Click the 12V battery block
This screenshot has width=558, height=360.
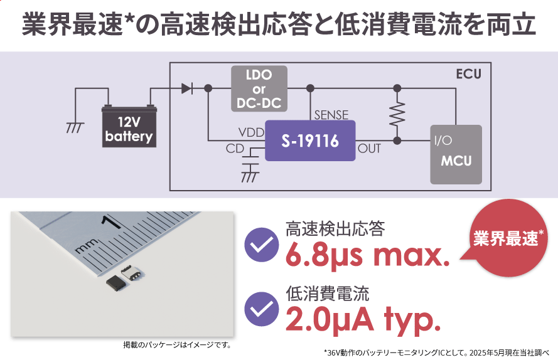point(129,126)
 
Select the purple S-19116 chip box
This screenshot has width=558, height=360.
point(310,140)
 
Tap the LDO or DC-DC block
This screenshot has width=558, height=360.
point(259,88)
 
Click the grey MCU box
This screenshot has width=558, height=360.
point(456,154)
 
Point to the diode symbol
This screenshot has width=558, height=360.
point(187,88)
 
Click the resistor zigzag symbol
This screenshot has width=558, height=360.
point(397,114)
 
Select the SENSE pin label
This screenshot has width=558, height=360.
point(331,115)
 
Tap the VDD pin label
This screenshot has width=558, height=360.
point(251,132)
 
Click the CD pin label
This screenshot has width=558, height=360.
point(235,149)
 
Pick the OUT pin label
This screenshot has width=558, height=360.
point(369,149)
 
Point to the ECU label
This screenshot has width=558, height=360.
point(468,74)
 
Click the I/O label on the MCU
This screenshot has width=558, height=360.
point(443,140)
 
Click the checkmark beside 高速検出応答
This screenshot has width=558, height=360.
point(262,245)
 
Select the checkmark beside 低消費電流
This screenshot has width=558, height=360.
point(262,309)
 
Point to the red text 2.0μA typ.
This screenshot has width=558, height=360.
point(363,319)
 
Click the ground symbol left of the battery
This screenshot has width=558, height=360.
point(75,127)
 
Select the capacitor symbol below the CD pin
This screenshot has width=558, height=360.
point(250,161)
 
